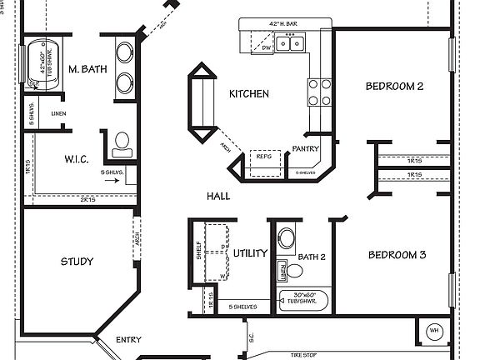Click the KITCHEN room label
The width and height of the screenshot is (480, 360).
(x=249, y=94)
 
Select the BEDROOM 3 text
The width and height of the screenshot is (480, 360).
(x=397, y=255)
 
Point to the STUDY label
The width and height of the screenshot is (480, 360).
(x=77, y=262)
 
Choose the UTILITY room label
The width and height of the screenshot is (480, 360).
(x=249, y=253)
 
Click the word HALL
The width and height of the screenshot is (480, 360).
(x=219, y=196)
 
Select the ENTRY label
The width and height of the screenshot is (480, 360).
(x=128, y=339)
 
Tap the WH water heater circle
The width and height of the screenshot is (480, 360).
(x=433, y=330)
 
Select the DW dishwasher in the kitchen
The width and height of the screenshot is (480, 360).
(x=266, y=47)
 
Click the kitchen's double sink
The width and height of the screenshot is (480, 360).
(x=290, y=42)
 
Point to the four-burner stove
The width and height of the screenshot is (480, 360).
(x=318, y=92)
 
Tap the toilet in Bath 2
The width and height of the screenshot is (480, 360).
(x=287, y=237)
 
